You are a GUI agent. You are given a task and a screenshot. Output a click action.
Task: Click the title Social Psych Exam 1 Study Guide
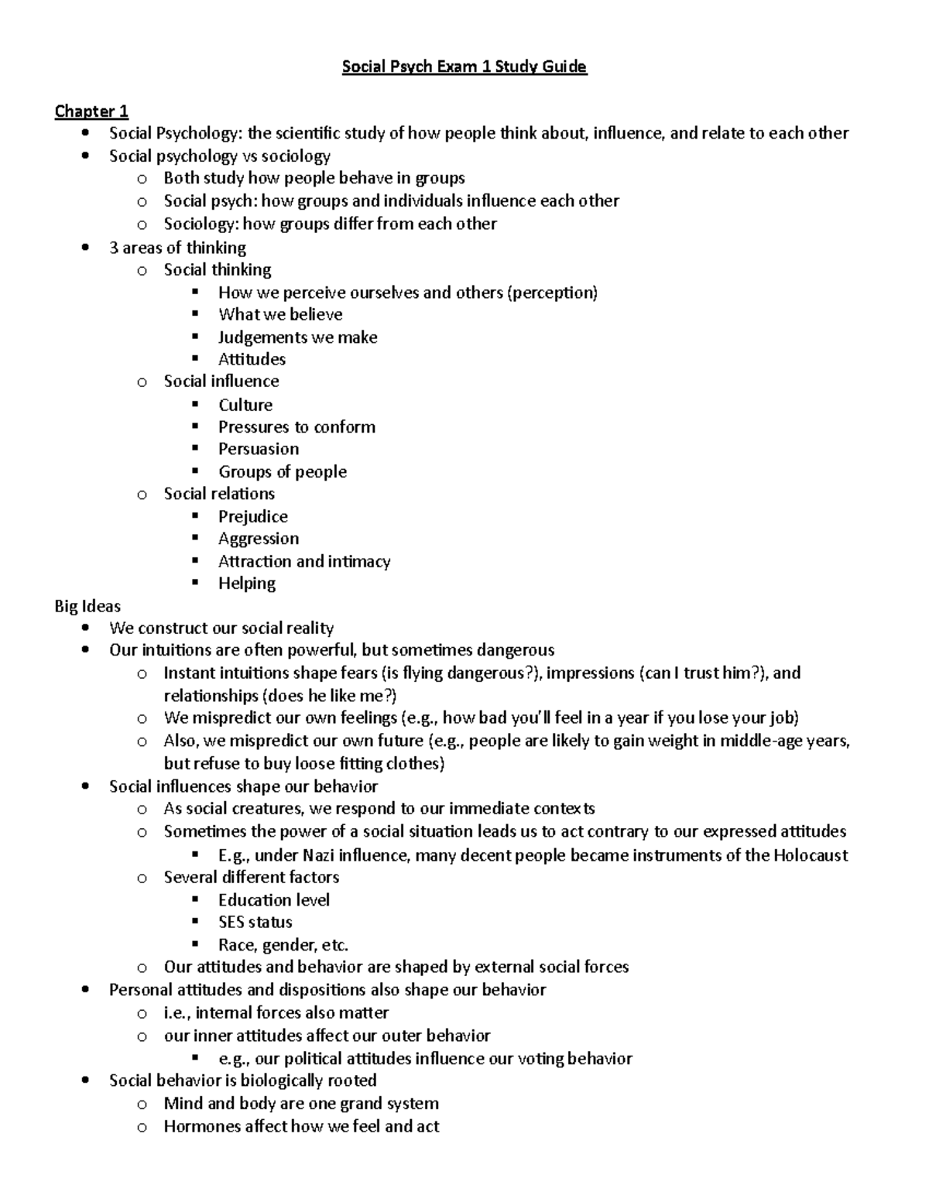(464, 67)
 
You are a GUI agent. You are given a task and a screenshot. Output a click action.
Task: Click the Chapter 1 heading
(91, 111)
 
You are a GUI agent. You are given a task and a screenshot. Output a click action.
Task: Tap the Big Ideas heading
(87, 606)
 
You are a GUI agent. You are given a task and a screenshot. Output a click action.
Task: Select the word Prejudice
(252, 516)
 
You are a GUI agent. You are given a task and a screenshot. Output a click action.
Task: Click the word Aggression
(258, 539)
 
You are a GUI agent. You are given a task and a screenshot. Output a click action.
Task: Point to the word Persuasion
(258, 449)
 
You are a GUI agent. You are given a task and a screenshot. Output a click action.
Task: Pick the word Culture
(245, 405)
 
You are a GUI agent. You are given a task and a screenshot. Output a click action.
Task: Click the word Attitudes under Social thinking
(252, 359)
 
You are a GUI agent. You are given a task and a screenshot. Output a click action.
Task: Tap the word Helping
(246, 584)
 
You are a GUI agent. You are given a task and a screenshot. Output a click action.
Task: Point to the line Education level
(273, 900)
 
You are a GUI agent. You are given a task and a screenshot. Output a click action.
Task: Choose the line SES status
(255, 922)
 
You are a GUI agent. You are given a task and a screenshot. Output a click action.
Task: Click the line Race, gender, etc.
(283, 945)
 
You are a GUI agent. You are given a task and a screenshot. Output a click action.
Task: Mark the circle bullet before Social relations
(141, 495)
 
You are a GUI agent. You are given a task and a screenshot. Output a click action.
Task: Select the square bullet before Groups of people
(196, 471)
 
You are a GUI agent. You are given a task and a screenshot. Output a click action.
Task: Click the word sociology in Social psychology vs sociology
(297, 156)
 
